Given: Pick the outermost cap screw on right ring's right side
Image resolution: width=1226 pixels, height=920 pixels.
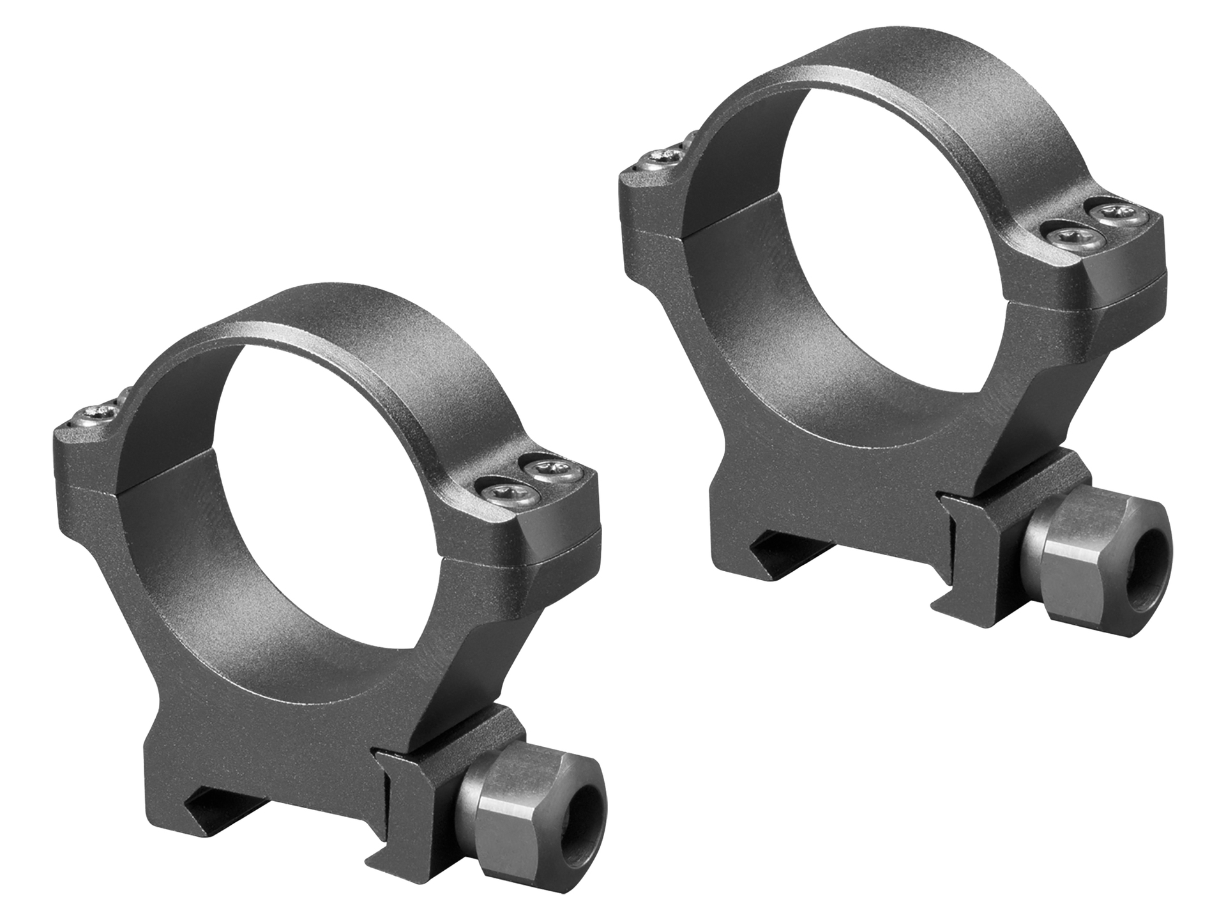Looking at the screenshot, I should coord(1116,215).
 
